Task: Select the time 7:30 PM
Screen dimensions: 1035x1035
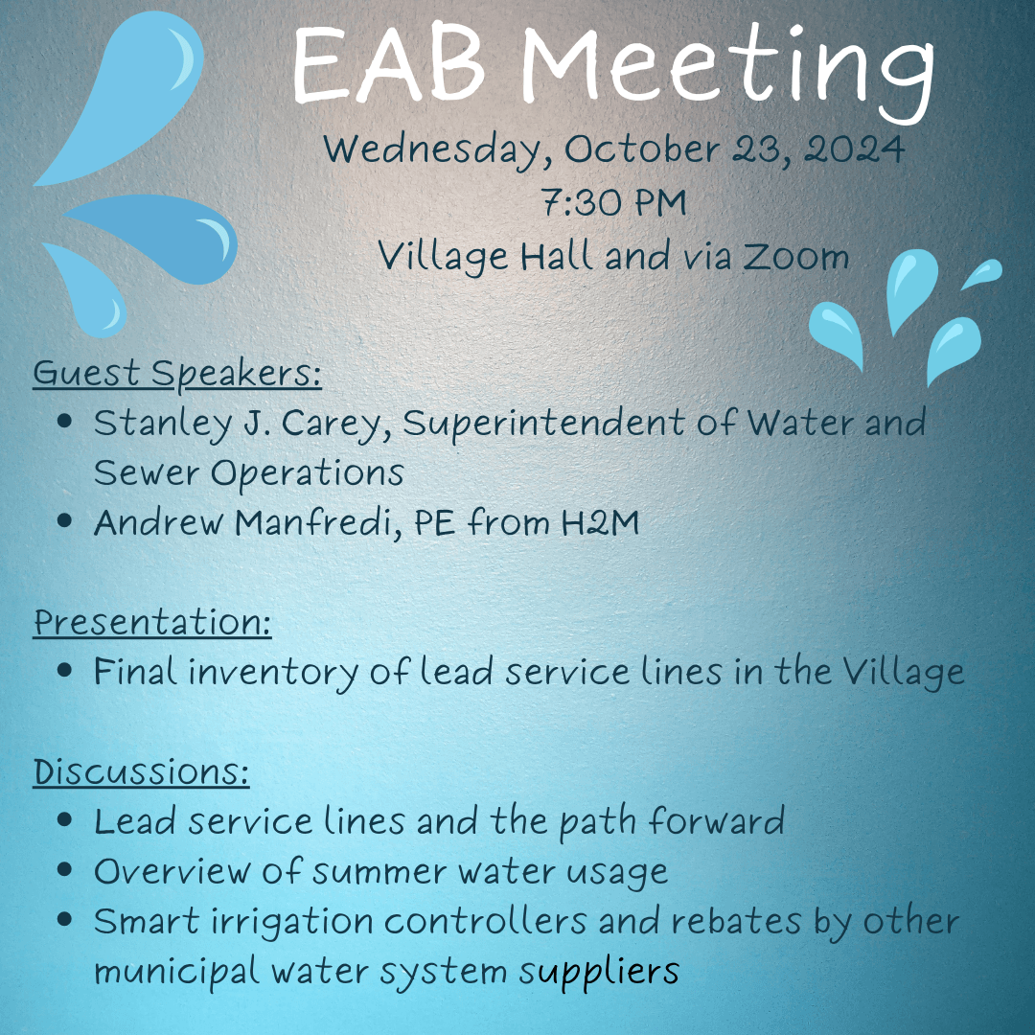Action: click(x=613, y=203)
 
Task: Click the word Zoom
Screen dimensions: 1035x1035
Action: click(x=797, y=257)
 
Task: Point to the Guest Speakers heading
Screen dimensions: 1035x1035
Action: click(x=177, y=374)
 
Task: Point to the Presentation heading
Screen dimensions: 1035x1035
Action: click(x=152, y=623)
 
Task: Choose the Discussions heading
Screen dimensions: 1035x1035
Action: click(x=141, y=772)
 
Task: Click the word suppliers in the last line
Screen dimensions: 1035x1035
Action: click(x=599, y=971)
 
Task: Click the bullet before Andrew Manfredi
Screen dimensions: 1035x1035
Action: click(x=65, y=522)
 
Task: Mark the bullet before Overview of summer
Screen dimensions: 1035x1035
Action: click(x=65, y=871)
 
